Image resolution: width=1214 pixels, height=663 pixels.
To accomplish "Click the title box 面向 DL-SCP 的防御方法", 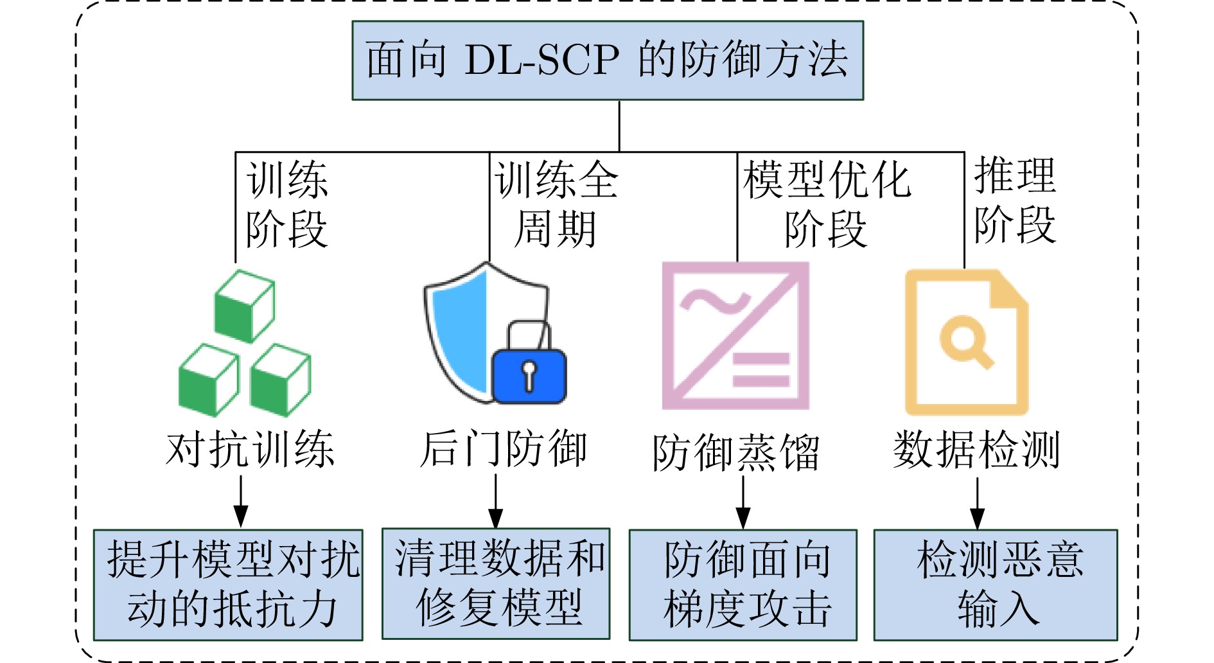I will [607, 60].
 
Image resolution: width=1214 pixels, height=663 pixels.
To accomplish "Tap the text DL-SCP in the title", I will [541, 60].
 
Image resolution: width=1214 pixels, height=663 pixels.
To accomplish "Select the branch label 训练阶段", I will [286, 204].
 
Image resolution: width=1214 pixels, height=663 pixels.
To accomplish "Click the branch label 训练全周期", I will [556, 204].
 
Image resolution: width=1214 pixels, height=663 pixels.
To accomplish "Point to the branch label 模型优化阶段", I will [826, 204].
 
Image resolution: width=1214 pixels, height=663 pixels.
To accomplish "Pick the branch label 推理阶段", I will [1014, 200].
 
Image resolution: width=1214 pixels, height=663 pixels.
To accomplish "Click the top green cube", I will [244, 306].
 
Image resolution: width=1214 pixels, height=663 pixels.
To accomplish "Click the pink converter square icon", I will [735, 335].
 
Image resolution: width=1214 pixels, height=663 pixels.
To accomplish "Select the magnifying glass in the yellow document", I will [965, 340].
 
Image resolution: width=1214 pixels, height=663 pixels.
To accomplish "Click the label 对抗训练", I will [250, 449].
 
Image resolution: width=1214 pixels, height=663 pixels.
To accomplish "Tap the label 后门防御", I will [503, 449].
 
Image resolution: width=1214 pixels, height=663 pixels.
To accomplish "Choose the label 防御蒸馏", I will [736, 453].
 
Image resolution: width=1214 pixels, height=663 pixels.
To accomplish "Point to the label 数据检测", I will [976, 449].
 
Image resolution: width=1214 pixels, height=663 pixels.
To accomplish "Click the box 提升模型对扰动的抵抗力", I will [228, 585].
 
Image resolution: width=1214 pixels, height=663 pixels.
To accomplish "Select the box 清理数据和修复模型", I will [496, 583].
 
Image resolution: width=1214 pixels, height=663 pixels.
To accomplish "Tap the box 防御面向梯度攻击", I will [743, 585].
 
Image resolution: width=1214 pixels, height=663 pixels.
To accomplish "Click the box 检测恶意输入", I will [996, 585].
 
